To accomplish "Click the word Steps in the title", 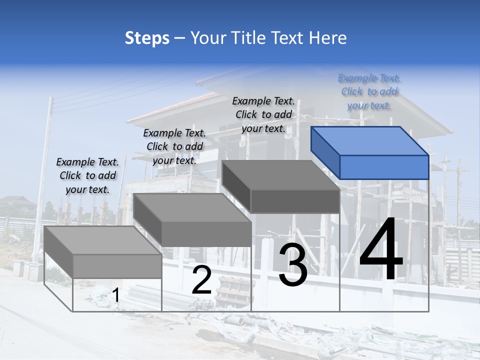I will [147, 38].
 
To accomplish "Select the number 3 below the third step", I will [293, 265].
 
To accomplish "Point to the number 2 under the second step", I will [201, 280].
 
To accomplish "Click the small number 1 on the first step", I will [115, 295].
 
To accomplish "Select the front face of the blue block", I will [384, 167].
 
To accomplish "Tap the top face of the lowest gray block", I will [102, 240].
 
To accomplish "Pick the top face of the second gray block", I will [192, 207].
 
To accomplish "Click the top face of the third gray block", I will [280, 175].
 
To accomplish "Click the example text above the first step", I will [87, 175].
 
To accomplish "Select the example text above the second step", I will [174, 146].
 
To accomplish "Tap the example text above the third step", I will [263, 114].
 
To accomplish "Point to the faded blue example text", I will [369, 91].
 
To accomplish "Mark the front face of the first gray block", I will [117, 266].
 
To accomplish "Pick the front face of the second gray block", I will [206, 234].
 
